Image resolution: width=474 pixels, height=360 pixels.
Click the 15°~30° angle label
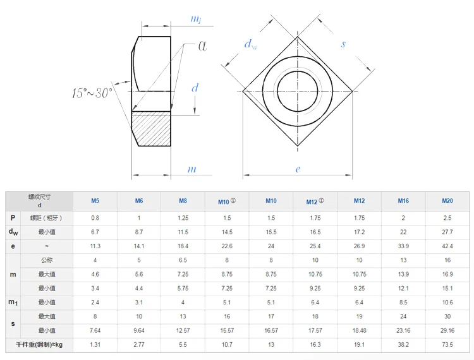pyautogui.click(x=92, y=93)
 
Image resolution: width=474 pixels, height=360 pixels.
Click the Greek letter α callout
pyautogui.click(x=204, y=45)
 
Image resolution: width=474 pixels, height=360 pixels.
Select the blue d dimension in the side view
pyautogui.click(x=195, y=88)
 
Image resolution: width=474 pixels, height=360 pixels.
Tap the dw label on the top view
pyautogui.click(x=252, y=45)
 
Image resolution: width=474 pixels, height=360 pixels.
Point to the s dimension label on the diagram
pyautogui.click(x=343, y=44)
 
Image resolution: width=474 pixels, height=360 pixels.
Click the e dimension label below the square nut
pyautogui.click(x=298, y=169)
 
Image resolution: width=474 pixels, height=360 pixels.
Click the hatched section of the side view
pyautogui.click(x=152, y=129)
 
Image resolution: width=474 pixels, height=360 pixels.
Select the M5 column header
pyautogui.click(x=95, y=201)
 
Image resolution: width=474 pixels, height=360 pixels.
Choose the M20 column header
pyautogui.click(x=447, y=201)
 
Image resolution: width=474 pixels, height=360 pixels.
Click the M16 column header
pyautogui.click(x=403, y=201)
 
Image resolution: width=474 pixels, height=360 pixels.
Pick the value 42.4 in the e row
pyautogui.click(x=447, y=246)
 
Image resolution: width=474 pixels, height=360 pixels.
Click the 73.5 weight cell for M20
pyautogui.click(x=447, y=345)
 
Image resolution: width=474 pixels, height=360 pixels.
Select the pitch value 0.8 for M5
pyautogui.click(x=95, y=218)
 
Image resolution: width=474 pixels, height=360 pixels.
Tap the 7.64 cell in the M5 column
pyautogui.click(x=95, y=330)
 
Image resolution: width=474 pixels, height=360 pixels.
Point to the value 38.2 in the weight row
pyautogui.click(x=403, y=345)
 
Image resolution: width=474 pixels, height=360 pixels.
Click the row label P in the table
pyautogui.click(x=13, y=218)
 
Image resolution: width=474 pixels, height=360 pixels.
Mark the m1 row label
pyautogui.click(x=13, y=303)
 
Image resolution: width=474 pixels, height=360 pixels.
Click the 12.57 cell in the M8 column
pyautogui.click(x=183, y=330)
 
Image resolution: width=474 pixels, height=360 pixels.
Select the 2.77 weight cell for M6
pyautogui.click(x=139, y=345)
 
